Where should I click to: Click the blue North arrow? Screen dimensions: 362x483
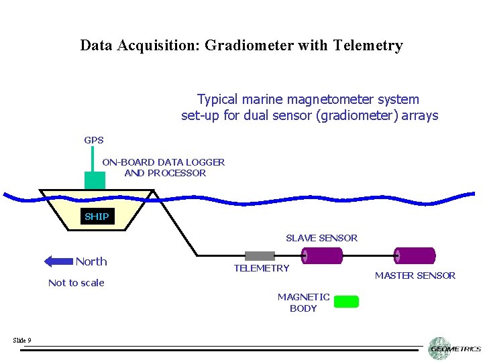[58, 261]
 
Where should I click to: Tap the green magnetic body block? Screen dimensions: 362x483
[346, 302]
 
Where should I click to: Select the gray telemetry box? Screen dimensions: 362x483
[260, 255]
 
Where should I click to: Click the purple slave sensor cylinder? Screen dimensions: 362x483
[322, 255]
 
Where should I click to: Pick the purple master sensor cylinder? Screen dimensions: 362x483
[415, 255]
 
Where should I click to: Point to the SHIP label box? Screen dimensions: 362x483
[97, 217]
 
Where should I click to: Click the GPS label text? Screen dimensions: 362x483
[94, 141]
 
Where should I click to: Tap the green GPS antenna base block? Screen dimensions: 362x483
[95, 180]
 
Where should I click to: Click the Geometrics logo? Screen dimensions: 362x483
[454, 349]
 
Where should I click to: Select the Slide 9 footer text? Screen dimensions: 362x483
[21, 341]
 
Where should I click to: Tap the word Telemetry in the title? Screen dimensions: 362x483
[371, 46]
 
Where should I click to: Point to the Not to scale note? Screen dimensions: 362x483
[76, 283]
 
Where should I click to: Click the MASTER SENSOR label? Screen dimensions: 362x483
[415, 276]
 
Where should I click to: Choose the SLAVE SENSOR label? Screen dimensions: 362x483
[321, 238]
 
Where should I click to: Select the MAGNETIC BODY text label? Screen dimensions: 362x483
[303, 302]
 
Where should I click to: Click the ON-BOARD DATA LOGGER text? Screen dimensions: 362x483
[164, 162]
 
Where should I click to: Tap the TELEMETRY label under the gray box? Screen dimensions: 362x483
[261, 268]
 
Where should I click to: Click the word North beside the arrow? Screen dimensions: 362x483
[91, 261]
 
